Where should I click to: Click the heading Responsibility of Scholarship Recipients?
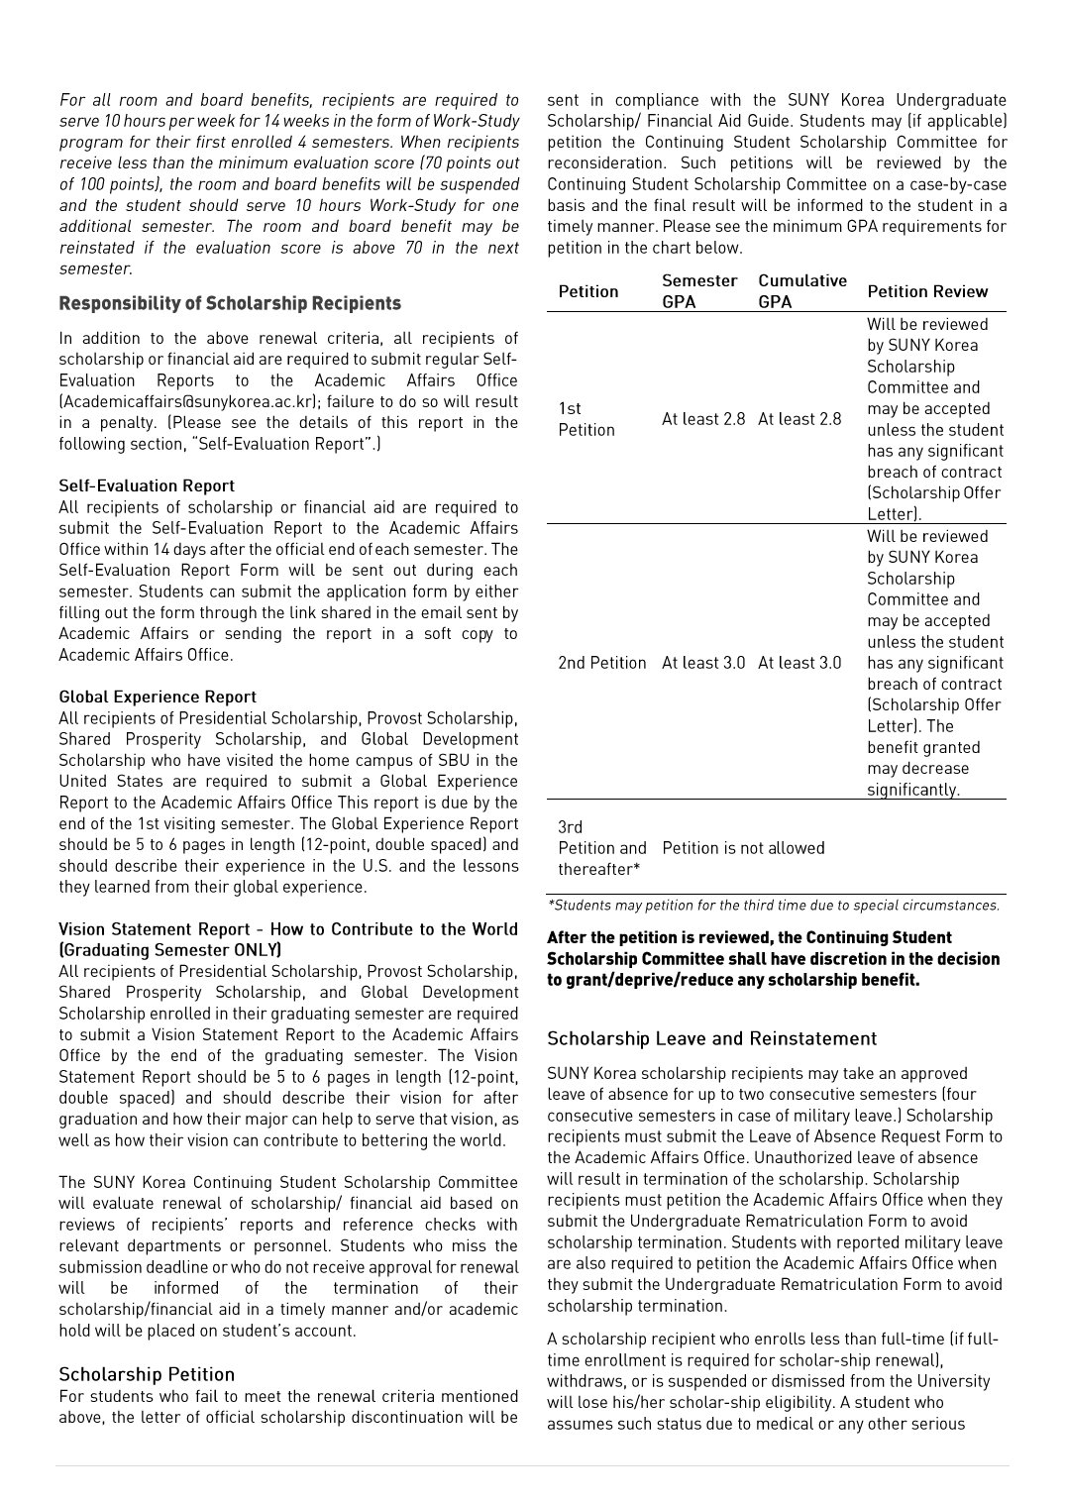click(230, 303)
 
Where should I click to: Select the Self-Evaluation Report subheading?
click(147, 485)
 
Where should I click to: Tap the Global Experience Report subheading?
click(158, 697)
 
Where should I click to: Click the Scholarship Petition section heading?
click(147, 1374)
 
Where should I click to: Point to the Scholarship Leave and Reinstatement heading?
click(711, 1038)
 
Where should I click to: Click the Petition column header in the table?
click(588, 291)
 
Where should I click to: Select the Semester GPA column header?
click(699, 291)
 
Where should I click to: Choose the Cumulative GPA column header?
click(802, 291)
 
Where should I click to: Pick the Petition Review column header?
click(927, 291)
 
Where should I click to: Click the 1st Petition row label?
click(586, 419)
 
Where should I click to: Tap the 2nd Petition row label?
click(601, 663)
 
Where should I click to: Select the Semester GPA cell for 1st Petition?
click(703, 419)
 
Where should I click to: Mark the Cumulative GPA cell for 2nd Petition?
click(799, 663)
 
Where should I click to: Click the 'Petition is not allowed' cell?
click(743, 848)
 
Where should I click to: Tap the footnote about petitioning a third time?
click(774, 906)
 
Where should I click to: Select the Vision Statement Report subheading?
click(287, 939)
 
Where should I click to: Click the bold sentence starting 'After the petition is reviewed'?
click(773, 958)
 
